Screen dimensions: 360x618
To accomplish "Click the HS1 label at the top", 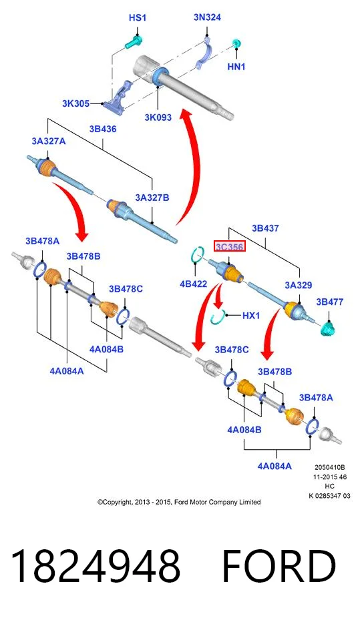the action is pyautogui.click(x=137, y=18).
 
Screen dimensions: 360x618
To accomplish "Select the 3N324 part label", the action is pyautogui.click(x=207, y=17).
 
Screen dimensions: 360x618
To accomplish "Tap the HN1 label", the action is pyautogui.click(x=236, y=67).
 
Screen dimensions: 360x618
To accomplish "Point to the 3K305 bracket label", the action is pyautogui.click(x=75, y=103).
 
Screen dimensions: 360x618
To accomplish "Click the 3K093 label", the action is pyautogui.click(x=158, y=117).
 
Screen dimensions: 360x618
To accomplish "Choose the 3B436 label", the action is pyautogui.click(x=102, y=129).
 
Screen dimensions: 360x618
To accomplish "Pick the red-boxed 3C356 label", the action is pyautogui.click(x=230, y=247).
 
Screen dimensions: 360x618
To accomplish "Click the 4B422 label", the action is pyautogui.click(x=193, y=284).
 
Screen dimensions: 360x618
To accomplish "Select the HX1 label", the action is pyautogui.click(x=250, y=316).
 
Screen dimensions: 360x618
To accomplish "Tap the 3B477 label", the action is pyautogui.click(x=330, y=302).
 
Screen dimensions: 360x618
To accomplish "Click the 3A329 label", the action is pyautogui.click(x=299, y=285).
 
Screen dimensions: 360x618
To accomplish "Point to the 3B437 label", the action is pyautogui.click(x=265, y=228).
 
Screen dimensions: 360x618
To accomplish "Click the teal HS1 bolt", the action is pyautogui.click(x=134, y=42).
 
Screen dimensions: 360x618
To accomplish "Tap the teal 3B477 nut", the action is pyautogui.click(x=328, y=328).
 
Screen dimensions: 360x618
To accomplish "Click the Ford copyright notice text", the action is pyautogui.click(x=179, y=502).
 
